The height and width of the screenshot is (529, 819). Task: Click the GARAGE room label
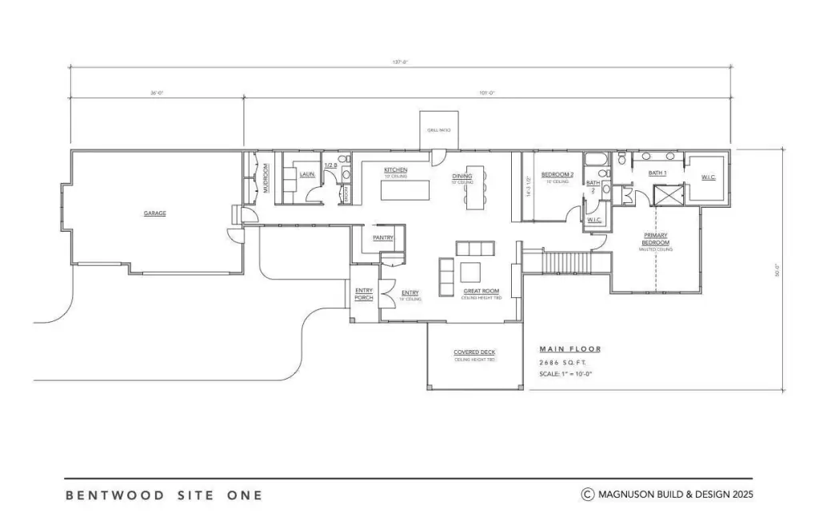coord(154,213)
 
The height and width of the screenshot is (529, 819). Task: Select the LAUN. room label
coord(307,173)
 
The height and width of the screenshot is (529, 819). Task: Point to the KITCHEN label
coord(396,170)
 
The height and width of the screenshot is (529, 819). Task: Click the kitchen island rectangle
coord(405,191)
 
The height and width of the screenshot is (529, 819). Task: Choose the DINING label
coord(462,177)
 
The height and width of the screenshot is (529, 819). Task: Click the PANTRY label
coord(382,237)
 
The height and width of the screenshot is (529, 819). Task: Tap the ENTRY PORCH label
coord(364,295)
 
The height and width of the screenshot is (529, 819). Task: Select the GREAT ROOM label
coord(481,292)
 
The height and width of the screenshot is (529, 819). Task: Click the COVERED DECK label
coord(475,352)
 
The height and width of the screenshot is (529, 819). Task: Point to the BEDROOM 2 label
coord(557,174)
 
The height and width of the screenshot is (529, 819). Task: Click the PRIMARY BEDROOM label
coord(656,239)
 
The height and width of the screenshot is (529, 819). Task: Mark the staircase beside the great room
coord(566,261)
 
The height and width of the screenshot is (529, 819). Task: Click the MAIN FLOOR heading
coord(569,349)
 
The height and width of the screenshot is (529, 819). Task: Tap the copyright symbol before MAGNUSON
coord(587,495)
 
